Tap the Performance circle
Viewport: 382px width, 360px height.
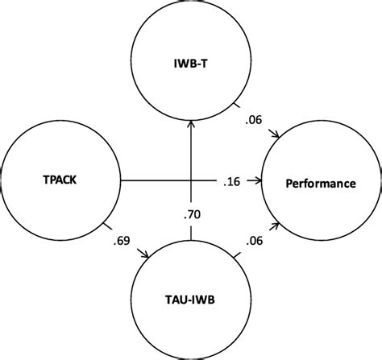click(x=320, y=184)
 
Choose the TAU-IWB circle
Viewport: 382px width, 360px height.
click(x=190, y=304)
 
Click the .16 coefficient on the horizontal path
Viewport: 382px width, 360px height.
click(x=230, y=184)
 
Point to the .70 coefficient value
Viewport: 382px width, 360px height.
click(x=190, y=214)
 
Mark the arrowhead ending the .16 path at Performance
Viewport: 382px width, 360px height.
click(x=263, y=183)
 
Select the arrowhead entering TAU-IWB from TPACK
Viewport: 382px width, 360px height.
click(x=147, y=255)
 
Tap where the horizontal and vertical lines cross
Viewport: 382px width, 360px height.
click(x=190, y=183)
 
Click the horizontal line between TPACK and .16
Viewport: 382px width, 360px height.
click(x=153, y=183)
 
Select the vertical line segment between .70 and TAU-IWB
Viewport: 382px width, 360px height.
click(x=190, y=233)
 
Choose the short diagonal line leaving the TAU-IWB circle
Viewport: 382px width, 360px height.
click(x=236, y=257)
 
